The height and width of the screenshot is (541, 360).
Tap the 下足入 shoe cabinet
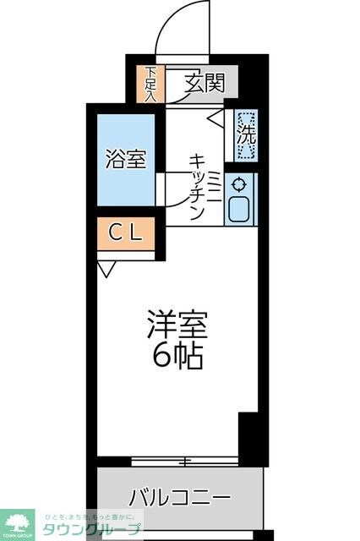(150, 85)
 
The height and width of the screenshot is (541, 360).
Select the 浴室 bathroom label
(126, 159)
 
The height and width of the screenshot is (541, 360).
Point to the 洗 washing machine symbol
(246, 134)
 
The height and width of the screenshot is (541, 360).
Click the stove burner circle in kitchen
(240, 183)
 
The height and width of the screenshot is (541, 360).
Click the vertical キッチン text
(195, 187)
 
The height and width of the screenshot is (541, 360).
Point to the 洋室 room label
(177, 325)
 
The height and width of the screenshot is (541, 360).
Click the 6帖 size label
(177, 358)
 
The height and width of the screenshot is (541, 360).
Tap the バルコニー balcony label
(179, 496)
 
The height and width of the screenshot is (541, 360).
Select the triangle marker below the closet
(106, 270)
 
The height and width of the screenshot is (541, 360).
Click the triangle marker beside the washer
(215, 117)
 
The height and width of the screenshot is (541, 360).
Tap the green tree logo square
(18, 524)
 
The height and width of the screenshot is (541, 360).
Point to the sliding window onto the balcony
(182, 462)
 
